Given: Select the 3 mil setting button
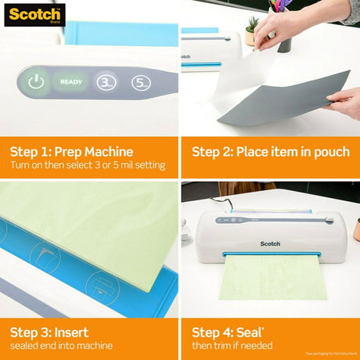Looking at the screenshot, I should [x=106, y=81].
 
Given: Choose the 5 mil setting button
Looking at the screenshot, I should [x=139, y=81].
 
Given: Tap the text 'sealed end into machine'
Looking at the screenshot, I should [x=60, y=346].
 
